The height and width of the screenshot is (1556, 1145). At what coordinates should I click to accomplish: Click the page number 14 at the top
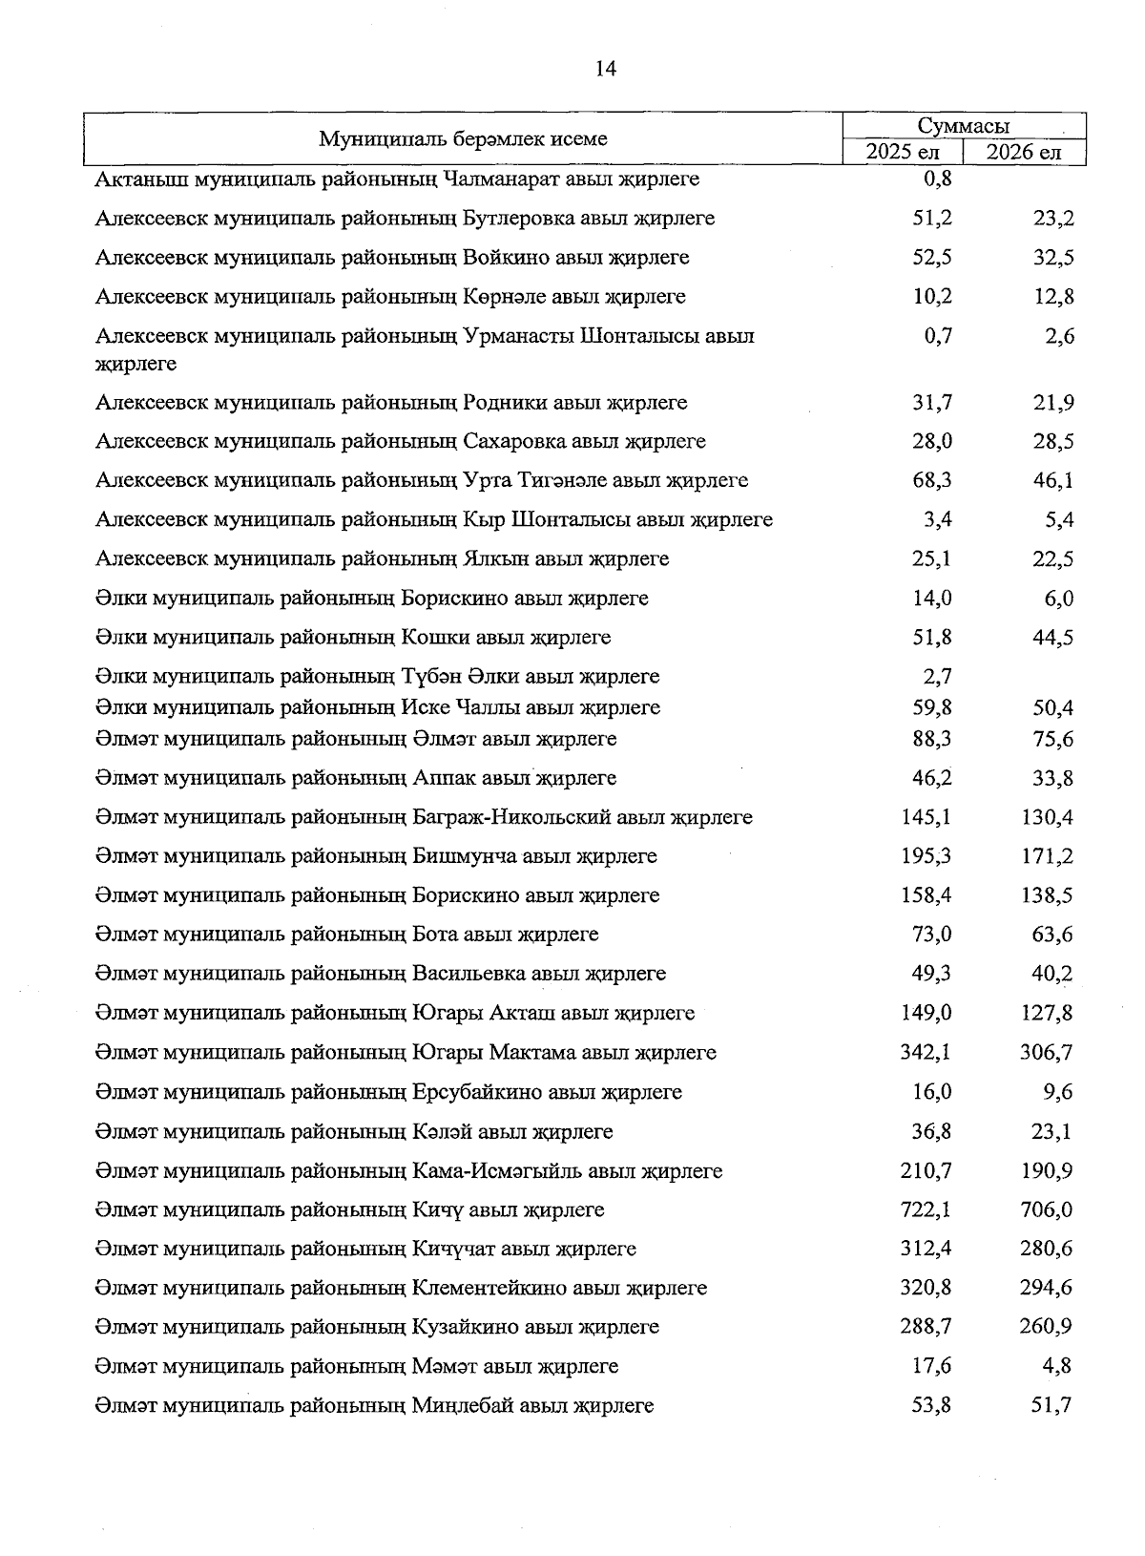click(x=606, y=68)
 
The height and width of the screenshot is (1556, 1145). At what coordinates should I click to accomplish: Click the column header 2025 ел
click(x=903, y=153)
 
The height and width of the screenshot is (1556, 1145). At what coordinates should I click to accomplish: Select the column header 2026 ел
click(x=1023, y=153)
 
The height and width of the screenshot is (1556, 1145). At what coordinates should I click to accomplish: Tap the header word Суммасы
click(x=964, y=126)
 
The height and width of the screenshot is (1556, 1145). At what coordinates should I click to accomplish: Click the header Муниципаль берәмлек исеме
click(x=463, y=139)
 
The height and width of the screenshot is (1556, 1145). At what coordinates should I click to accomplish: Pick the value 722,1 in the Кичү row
click(x=926, y=1209)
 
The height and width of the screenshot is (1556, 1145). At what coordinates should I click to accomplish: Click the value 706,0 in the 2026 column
click(x=1046, y=1209)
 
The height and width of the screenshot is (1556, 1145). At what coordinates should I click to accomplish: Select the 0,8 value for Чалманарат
click(x=938, y=179)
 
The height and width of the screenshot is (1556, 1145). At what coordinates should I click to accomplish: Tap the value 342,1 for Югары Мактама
click(x=926, y=1052)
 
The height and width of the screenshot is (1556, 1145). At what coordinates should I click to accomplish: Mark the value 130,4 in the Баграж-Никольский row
click(x=1046, y=817)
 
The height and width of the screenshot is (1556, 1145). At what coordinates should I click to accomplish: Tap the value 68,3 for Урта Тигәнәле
click(x=931, y=480)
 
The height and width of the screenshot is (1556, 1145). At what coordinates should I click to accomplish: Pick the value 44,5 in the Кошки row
click(x=1051, y=637)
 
